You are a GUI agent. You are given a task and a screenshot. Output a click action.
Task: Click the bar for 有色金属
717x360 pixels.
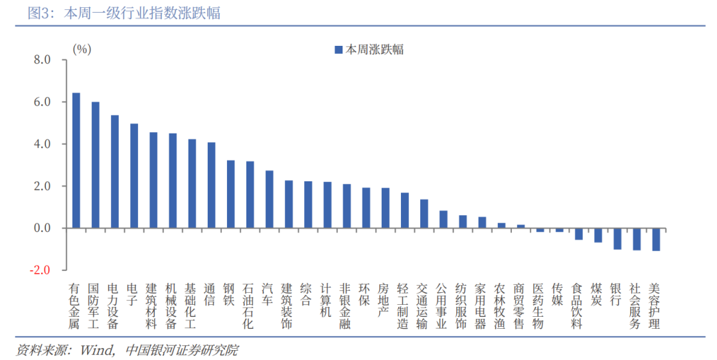(76, 160)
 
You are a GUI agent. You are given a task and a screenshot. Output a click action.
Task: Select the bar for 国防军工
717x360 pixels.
(95, 165)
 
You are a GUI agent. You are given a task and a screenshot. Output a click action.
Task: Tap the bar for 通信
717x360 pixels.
(211, 185)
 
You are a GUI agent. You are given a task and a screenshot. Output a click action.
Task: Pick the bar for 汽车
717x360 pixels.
(269, 199)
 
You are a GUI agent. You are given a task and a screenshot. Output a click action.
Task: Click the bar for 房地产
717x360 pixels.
(385, 208)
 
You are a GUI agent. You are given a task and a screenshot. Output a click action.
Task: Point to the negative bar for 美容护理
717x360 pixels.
(656, 239)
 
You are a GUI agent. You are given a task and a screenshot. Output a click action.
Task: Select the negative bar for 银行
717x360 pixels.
(617, 238)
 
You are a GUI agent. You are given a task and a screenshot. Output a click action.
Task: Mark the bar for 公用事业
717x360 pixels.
(443, 219)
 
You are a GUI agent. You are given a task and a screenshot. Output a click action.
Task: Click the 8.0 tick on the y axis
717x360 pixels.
(41, 60)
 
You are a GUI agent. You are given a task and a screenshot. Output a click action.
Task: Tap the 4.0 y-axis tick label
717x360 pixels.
(41, 144)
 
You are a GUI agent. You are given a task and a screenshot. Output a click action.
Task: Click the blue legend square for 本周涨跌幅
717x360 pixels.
(338, 50)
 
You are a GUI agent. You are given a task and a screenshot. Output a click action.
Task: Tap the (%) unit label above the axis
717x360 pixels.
(82, 48)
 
